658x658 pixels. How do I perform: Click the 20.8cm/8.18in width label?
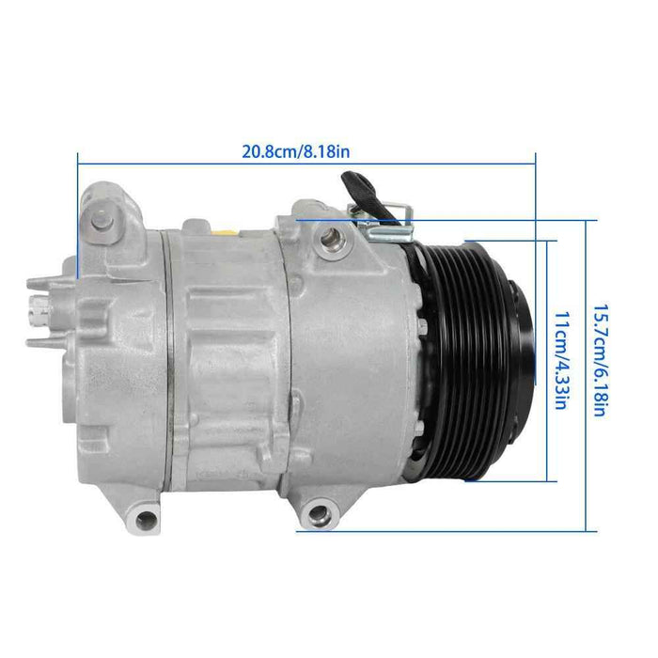[x=297, y=151]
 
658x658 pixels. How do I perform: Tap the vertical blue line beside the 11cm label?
[x=546, y=360]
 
